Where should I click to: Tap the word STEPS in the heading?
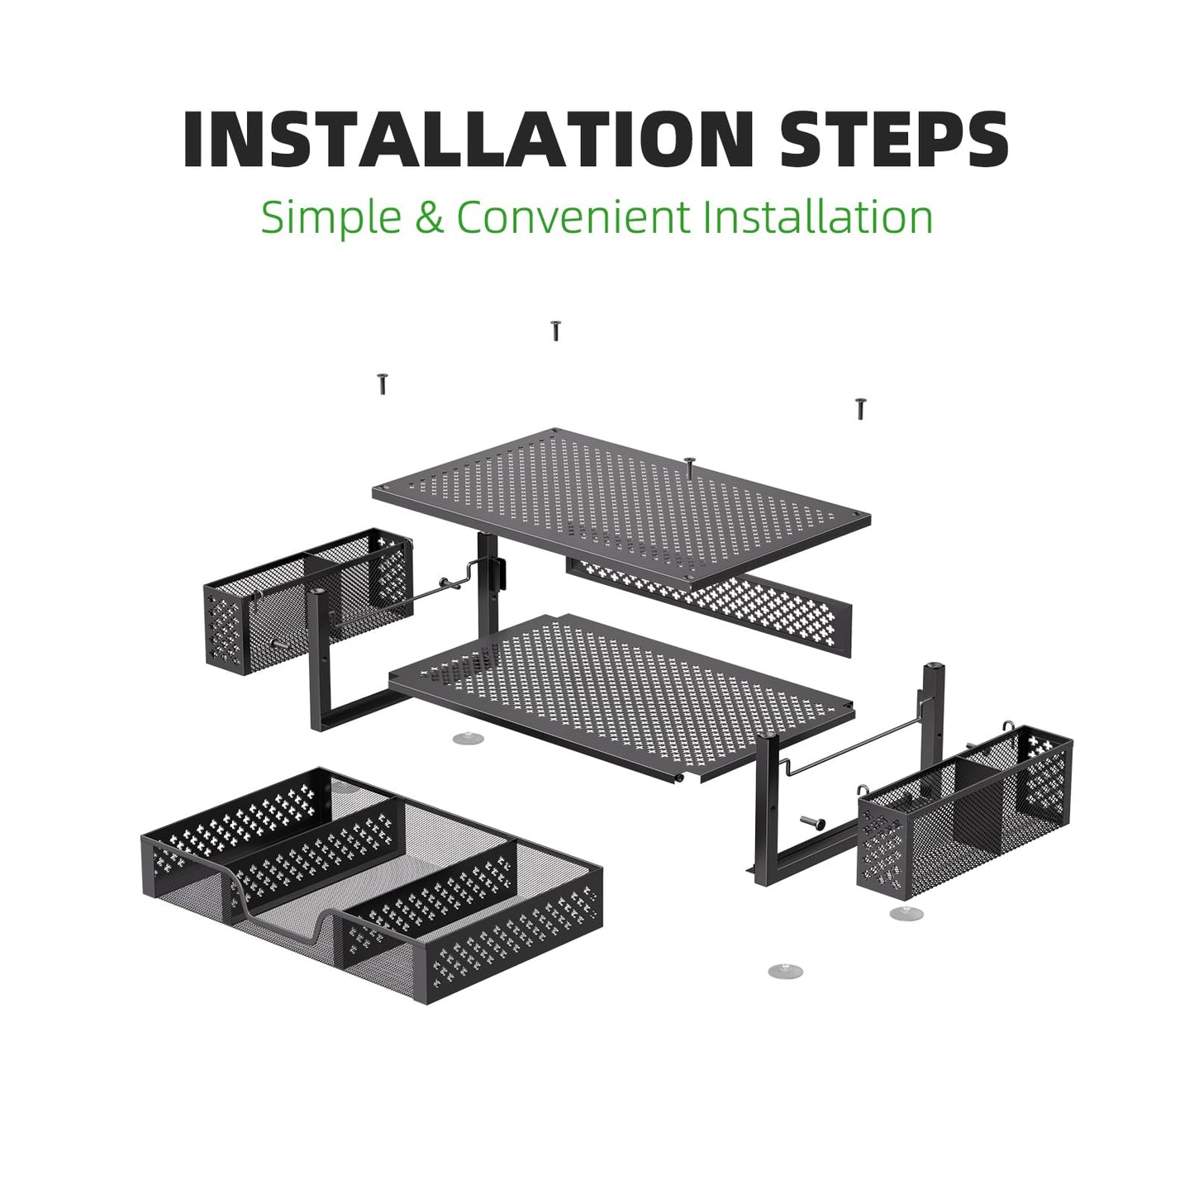coord(894,140)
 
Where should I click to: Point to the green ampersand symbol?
coord(430,216)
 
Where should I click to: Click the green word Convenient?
coord(573,216)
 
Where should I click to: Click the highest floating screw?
coord(555,331)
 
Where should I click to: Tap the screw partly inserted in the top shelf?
coord(690,467)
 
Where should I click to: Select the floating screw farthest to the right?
coord(859,409)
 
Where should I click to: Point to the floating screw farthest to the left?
coord(383,383)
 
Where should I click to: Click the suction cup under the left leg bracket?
coord(469,738)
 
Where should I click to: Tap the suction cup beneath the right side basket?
coord(906,913)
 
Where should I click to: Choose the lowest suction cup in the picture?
coord(785,970)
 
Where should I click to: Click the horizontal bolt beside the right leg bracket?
coord(812,822)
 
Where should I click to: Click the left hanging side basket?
coord(308,600)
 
